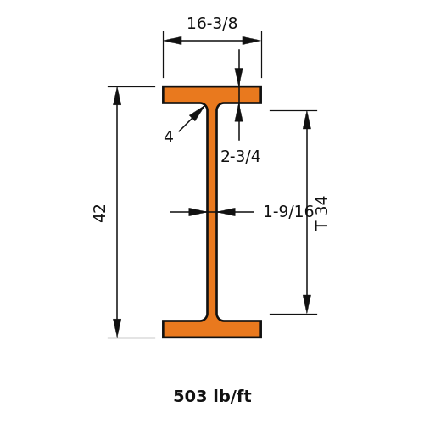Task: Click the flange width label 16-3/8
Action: click(x=212, y=23)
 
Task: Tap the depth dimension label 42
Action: click(x=99, y=214)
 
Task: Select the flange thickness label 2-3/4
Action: click(x=240, y=156)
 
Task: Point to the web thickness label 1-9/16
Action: click(x=288, y=211)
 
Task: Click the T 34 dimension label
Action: click(x=321, y=214)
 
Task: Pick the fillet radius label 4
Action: click(x=169, y=137)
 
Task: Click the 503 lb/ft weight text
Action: click(x=212, y=396)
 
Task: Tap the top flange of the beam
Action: click(x=212, y=95)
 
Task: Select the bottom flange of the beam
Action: click(x=212, y=329)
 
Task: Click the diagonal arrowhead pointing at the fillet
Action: click(x=198, y=113)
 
